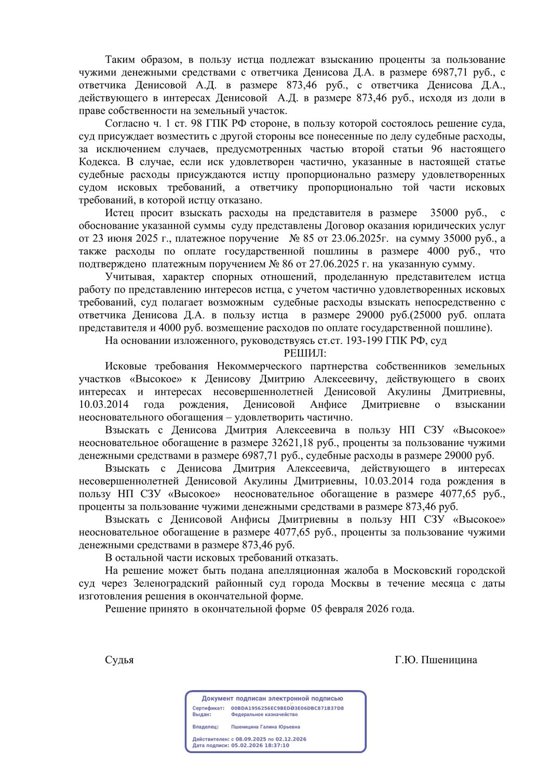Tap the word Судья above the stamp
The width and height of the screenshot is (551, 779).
(x=119, y=660)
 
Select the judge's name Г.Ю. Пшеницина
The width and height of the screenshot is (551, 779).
(x=436, y=660)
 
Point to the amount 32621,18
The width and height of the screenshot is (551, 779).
(x=290, y=443)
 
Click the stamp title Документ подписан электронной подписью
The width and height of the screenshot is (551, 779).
(x=272, y=699)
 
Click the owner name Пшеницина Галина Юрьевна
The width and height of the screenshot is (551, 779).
(x=265, y=727)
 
